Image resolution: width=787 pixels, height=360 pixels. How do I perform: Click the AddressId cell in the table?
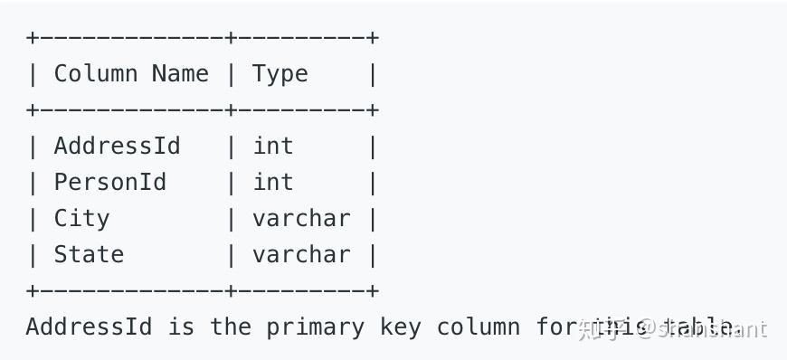(x=117, y=146)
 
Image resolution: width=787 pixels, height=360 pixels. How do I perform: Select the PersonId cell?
(x=109, y=182)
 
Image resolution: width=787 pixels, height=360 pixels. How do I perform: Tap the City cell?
(x=81, y=218)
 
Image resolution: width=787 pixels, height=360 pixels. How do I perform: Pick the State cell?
(x=89, y=254)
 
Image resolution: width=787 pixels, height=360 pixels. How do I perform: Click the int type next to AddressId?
(x=273, y=146)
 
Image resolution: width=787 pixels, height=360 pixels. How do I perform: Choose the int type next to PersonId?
(x=273, y=182)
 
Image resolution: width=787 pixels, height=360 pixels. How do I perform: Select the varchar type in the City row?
(x=301, y=218)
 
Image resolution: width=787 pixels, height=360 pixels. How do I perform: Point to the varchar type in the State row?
(x=301, y=254)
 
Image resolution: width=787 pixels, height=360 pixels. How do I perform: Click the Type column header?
(x=280, y=73)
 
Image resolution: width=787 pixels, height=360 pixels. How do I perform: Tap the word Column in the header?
(x=96, y=73)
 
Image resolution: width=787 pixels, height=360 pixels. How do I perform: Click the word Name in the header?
(x=181, y=73)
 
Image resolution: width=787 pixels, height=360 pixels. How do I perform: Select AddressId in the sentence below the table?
(x=89, y=327)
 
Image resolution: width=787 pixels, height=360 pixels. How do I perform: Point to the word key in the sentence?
(x=401, y=327)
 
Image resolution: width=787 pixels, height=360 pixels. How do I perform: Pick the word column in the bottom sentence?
(x=479, y=327)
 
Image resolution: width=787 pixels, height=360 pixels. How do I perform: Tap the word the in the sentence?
(x=231, y=327)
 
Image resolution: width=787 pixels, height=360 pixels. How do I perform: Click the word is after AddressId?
(x=181, y=327)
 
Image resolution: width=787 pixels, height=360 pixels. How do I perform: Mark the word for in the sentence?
(x=555, y=327)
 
